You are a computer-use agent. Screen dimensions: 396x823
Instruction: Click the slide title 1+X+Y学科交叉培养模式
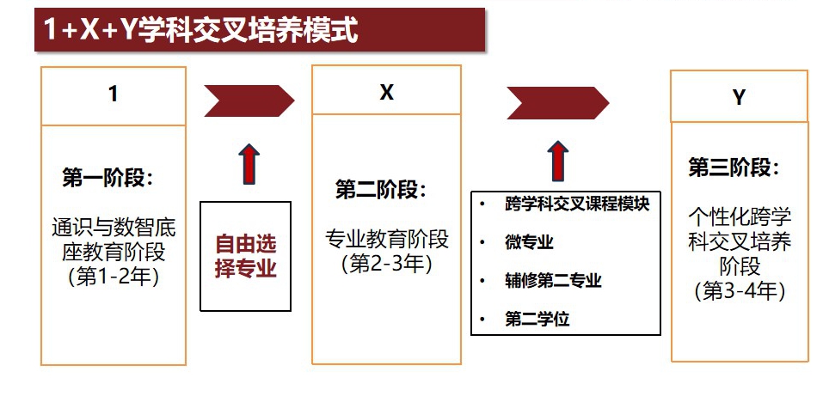200,32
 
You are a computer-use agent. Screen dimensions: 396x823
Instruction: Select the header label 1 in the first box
113,94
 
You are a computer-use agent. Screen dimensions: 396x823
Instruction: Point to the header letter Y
738,97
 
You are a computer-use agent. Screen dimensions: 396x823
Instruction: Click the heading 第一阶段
107,178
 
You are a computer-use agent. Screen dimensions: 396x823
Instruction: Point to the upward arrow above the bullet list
557,160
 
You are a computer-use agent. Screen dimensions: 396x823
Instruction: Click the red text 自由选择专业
246,256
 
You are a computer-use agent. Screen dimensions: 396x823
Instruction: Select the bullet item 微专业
529,242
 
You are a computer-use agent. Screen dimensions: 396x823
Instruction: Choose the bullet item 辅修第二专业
553,281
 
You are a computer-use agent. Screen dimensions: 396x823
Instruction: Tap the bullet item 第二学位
537,320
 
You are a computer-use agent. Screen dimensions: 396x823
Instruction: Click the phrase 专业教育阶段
387,238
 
